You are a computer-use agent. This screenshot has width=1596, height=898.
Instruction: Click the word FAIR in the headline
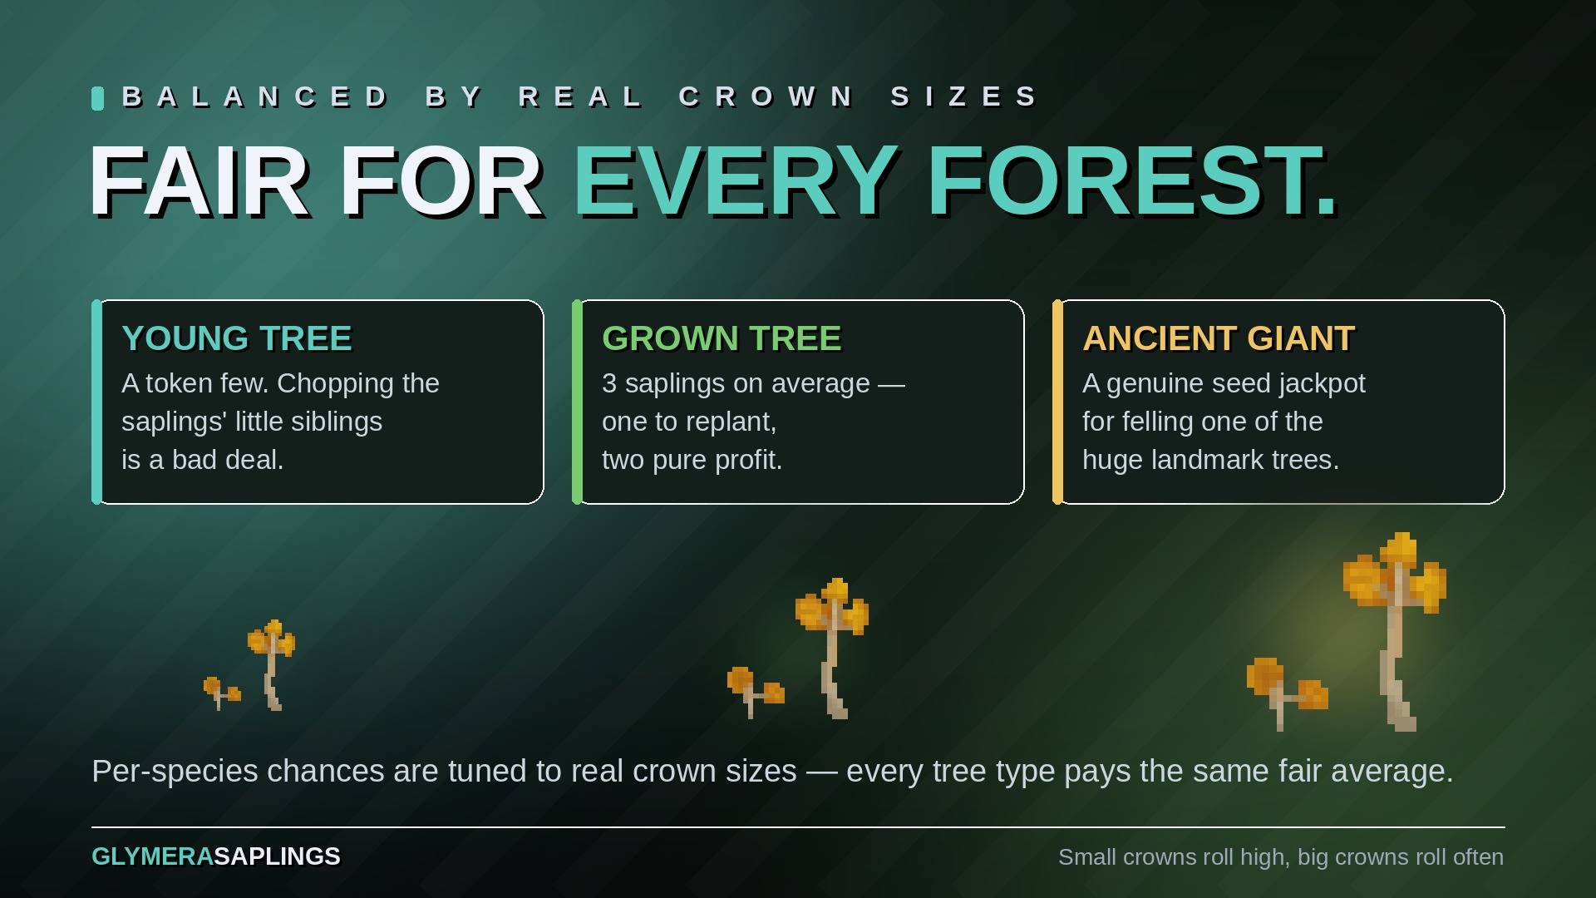click(199, 181)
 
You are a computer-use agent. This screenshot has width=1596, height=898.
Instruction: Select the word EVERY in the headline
click(736, 181)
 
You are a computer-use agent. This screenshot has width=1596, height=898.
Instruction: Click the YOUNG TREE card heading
click(237, 338)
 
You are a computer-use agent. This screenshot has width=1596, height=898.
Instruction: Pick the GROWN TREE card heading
click(722, 338)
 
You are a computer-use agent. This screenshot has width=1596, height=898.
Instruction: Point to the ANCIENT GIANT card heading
click(1219, 338)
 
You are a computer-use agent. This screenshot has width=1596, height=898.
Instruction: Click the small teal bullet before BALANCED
click(97, 98)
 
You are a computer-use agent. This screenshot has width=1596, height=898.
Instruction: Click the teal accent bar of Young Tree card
click(96, 402)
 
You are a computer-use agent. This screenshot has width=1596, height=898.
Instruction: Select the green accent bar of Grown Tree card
click(577, 402)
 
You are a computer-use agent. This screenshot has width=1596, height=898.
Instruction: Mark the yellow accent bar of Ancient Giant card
click(1057, 402)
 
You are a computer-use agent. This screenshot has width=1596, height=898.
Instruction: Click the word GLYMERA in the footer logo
click(152, 856)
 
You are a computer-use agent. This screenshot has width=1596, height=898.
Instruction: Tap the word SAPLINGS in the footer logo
click(277, 856)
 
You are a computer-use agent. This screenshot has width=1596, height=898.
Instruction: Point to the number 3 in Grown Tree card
click(609, 383)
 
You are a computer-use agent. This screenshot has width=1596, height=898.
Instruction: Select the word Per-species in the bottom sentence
click(175, 772)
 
